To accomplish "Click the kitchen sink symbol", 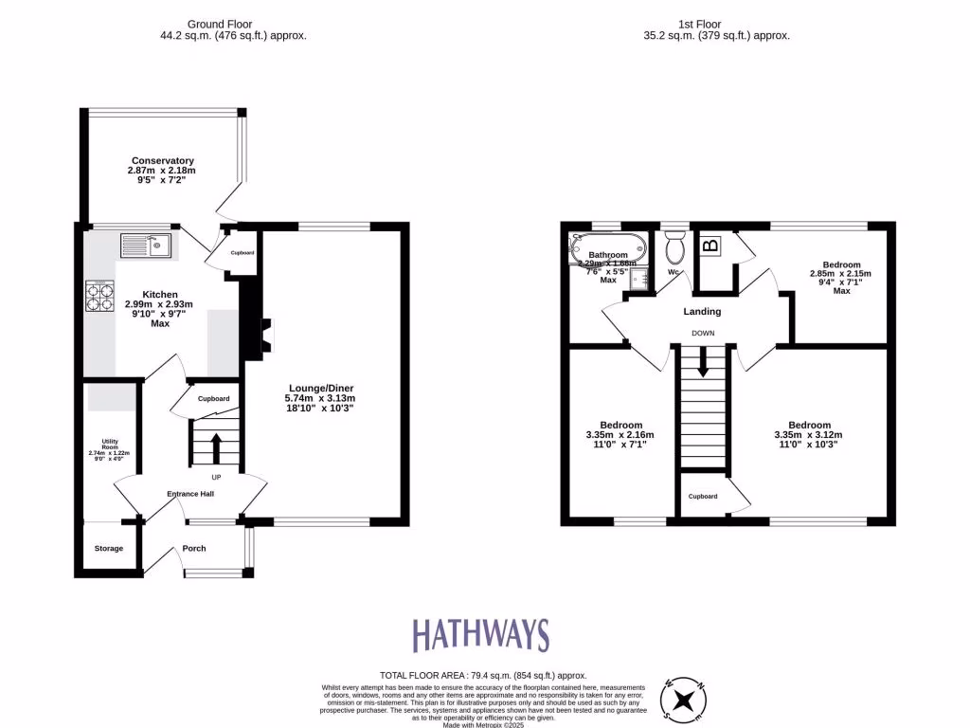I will click(145, 246).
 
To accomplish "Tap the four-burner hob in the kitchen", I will click(99, 297).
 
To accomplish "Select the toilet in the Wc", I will click(675, 248).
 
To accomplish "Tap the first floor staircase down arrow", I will click(702, 361).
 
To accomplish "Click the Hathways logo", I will click(480, 634).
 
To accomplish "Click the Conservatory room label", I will click(163, 160).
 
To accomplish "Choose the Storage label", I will click(108, 548).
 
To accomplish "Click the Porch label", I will click(194, 548).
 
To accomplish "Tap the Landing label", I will click(702, 311).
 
